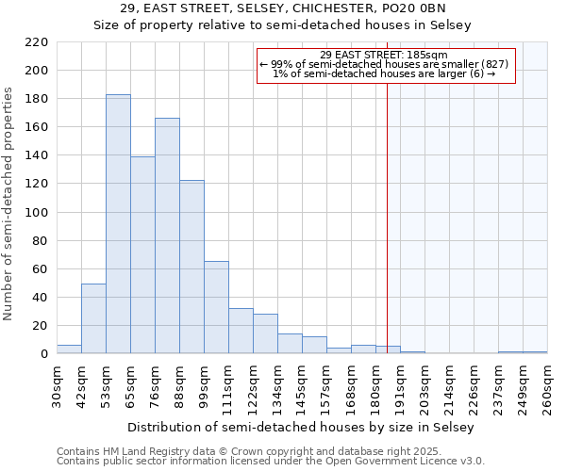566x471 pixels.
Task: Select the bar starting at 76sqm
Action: pos(167,235)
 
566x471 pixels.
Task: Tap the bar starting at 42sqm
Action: pos(93,318)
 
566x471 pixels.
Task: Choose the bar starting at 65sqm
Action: pos(142,254)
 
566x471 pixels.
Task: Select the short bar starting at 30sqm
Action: pos(69,349)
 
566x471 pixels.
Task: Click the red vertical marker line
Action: pos(387,235)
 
